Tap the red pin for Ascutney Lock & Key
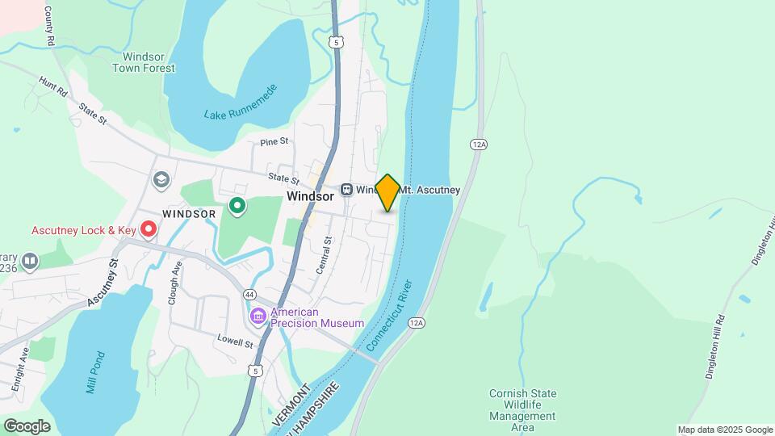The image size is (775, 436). (149, 230)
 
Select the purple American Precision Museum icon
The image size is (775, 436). (259, 317)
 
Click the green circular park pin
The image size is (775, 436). (237, 207)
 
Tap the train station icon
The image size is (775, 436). (346, 189)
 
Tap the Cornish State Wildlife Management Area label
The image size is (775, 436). (523, 410)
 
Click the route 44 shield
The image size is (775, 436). (251, 296)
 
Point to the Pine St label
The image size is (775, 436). (274, 142)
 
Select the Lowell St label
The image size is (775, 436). (235, 342)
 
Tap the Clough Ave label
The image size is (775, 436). (176, 280)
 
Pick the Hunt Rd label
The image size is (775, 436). (52, 87)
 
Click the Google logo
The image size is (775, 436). (27, 426)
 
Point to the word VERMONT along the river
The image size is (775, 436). (291, 404)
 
